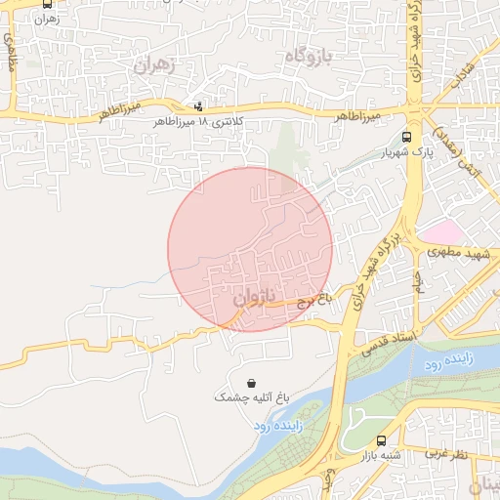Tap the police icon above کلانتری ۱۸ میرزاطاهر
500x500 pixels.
(x=199, y=106)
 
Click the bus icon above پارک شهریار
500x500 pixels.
(x=407, y=137)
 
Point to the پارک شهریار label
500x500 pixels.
(x=406, y=153)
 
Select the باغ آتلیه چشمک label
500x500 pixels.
(x=254, y=397)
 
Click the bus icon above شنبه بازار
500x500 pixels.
(x=381, y=440)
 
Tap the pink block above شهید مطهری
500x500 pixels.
(x=441, y=232)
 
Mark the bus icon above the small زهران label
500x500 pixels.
(x=49, y=4)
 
